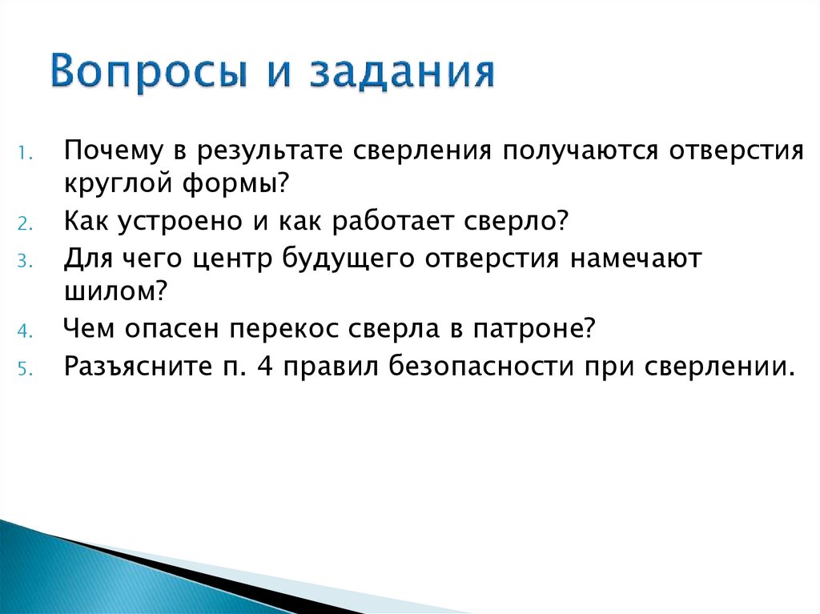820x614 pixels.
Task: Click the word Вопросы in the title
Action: pyautogui.click(x=148, y=72)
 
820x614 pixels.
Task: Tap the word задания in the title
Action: pyautogui.click(x=402, y=72)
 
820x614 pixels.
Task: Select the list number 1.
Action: pyautogui.click(x=25, y=154)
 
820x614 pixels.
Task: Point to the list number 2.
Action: pyautogui.click(x=25, y=223)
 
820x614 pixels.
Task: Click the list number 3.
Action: pyautogui.click(x=25, y=260)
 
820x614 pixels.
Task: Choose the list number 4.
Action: pyautogui.click(x=25, y=331)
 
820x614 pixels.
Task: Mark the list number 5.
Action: pyautogui.click(x=25, y=369)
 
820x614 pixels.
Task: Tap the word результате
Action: pyautogui.click(x=270, y=151)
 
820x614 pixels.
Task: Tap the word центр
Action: pyautogui.click(x=232, y=259)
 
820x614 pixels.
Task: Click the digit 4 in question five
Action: pyautogui.click(x=265, y=366)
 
